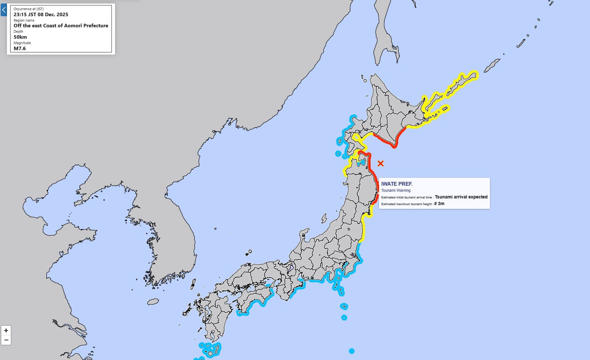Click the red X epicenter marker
tap(380, 163)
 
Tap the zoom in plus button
tap(6, 330)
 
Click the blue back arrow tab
tap(3, 10)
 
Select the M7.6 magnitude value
tap(20, 49)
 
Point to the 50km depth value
tap(20, 37)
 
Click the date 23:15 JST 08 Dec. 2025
tap(41, 15)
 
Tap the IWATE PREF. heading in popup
tap(397, 184)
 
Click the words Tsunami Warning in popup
tap(396, 190)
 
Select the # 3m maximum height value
tap(439, 204)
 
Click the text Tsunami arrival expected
tap(461, 197)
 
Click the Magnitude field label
tap(22, 43)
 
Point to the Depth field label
tap(18, 31)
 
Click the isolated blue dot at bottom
tap(351, 351)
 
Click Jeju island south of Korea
tap(153, 302)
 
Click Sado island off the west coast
tap(324, 218)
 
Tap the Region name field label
tap(24, 20)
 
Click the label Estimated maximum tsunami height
tap(407, 204)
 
